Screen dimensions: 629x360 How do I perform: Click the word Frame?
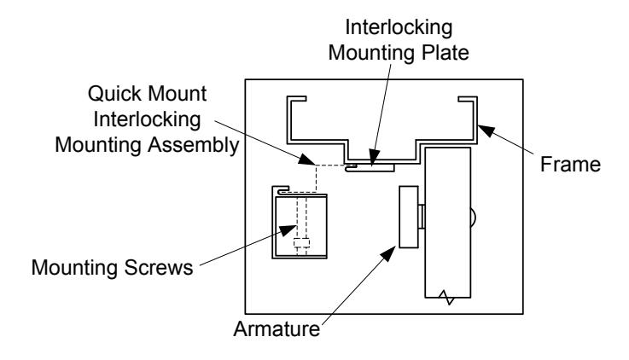(x=570, y=165)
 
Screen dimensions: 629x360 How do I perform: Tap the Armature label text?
(x=277, y=329)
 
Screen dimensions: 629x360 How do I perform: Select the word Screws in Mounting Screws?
(x=159, y=267)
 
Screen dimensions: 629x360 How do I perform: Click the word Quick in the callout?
(x=114, y=94)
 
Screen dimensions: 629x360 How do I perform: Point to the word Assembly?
(x=194, y=145)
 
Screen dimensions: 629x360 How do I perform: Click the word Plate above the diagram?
(x=443, y=53)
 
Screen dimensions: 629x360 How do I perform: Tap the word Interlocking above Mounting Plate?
(x=399, y=27)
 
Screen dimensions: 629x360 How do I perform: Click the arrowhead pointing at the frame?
(x=486, y=131)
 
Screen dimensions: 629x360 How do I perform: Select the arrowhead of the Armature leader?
(x=387, y=253)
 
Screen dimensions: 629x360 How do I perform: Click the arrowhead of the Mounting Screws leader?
(x=288, y=230)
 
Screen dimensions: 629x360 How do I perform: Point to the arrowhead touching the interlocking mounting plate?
(x=374, y=157)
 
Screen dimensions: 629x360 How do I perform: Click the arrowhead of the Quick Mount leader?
(x=306, y=160)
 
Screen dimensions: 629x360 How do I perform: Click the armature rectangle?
(x=409, y=217)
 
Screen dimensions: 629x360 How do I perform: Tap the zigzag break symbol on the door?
(x=446, y=298)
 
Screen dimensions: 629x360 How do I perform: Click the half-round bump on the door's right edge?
(x=473, y=217)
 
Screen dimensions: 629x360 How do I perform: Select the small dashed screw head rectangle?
(x=301, y=243)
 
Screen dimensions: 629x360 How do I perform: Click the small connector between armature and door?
(x=422, y=217)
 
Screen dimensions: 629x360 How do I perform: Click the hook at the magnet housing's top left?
(x=281, y=189)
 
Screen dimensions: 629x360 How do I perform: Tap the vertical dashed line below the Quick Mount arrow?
(x=316, y=179)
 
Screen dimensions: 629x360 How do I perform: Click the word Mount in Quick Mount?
(x=177, y=94)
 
